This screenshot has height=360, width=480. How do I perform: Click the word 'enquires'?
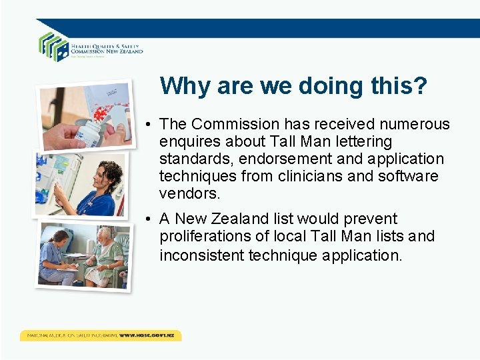(190, 141)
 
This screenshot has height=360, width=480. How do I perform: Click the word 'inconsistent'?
(201, 255)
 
